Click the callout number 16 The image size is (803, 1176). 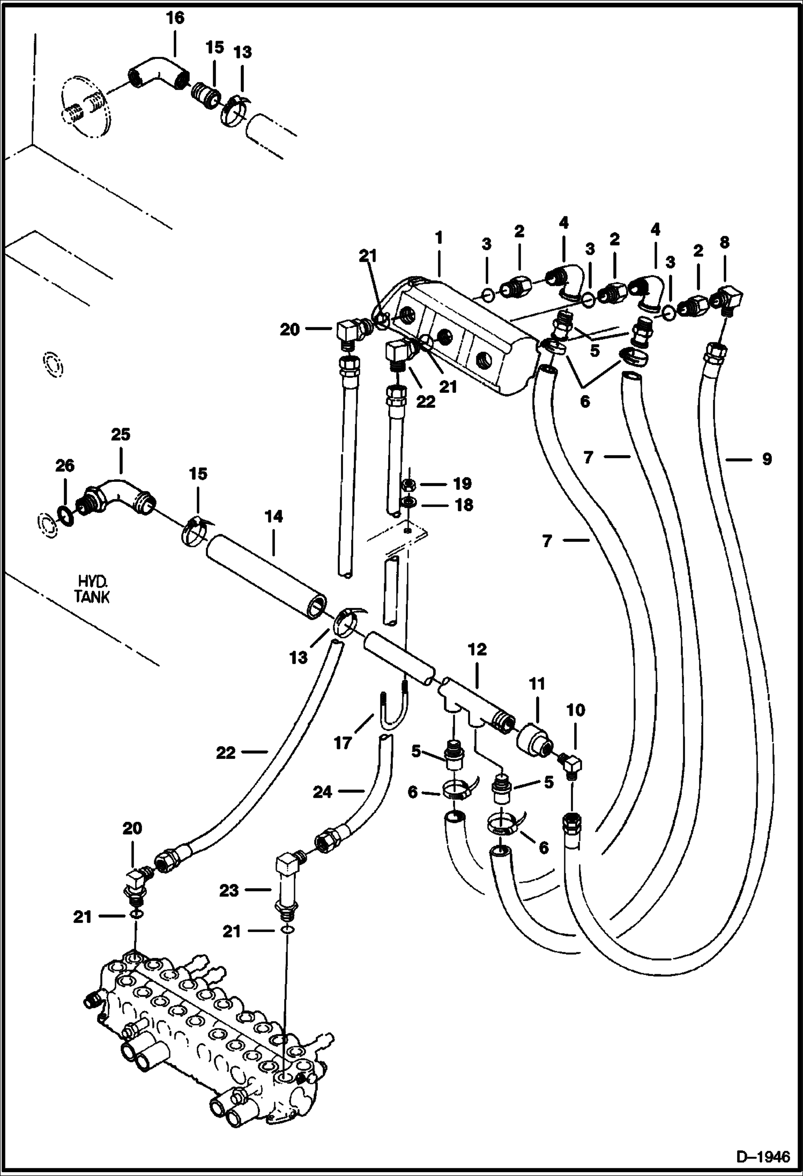(175, 18)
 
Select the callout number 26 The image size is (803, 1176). (65, 466)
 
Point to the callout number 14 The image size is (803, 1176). (273, 517)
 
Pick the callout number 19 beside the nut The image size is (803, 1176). (462, 483)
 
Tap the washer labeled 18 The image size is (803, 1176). (409, 503)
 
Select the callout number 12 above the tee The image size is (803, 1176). (477, 650)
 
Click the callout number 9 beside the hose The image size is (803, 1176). (767, 459)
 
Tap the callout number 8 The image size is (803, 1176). (724, 242)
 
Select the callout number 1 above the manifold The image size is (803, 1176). (438, 237)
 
